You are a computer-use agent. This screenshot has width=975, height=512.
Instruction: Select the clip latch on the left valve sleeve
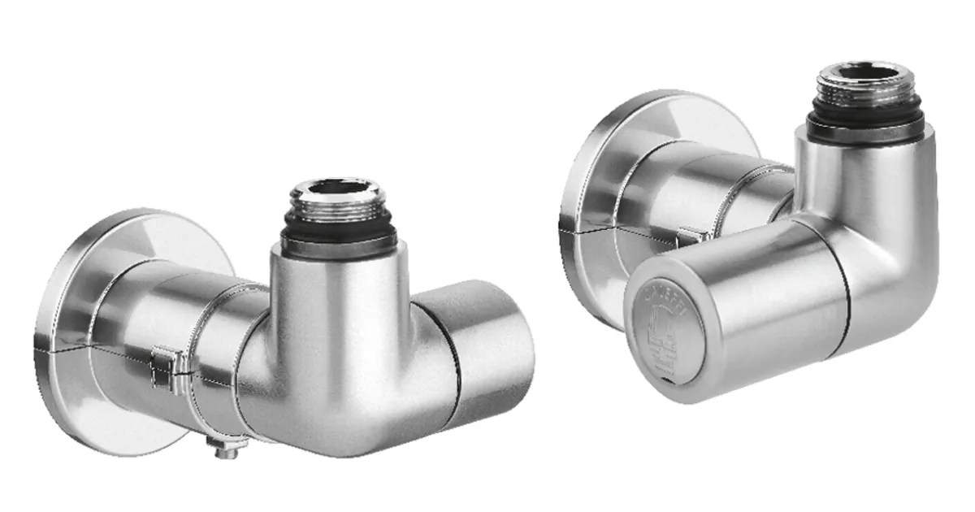(x=163, y=365)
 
